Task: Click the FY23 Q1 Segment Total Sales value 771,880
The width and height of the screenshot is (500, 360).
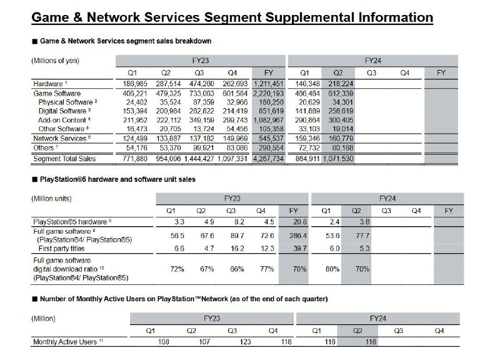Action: point(129,159)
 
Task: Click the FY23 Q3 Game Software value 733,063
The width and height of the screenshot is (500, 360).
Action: point(201,92)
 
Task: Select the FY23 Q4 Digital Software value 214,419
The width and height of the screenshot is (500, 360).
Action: point(236,110)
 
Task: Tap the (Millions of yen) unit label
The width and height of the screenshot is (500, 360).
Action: point(56,61)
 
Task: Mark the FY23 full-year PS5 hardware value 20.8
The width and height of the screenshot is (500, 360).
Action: point(298,221)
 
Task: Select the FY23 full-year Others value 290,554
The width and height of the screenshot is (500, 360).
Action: point(272,147)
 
